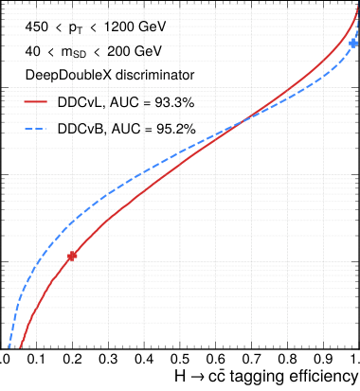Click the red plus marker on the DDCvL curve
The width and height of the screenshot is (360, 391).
pos(72,256)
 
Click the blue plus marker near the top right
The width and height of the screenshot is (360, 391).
pos(353,44)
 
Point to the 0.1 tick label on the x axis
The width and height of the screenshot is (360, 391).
pos(37,361)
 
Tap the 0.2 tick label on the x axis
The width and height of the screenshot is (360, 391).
pos(72,361)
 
